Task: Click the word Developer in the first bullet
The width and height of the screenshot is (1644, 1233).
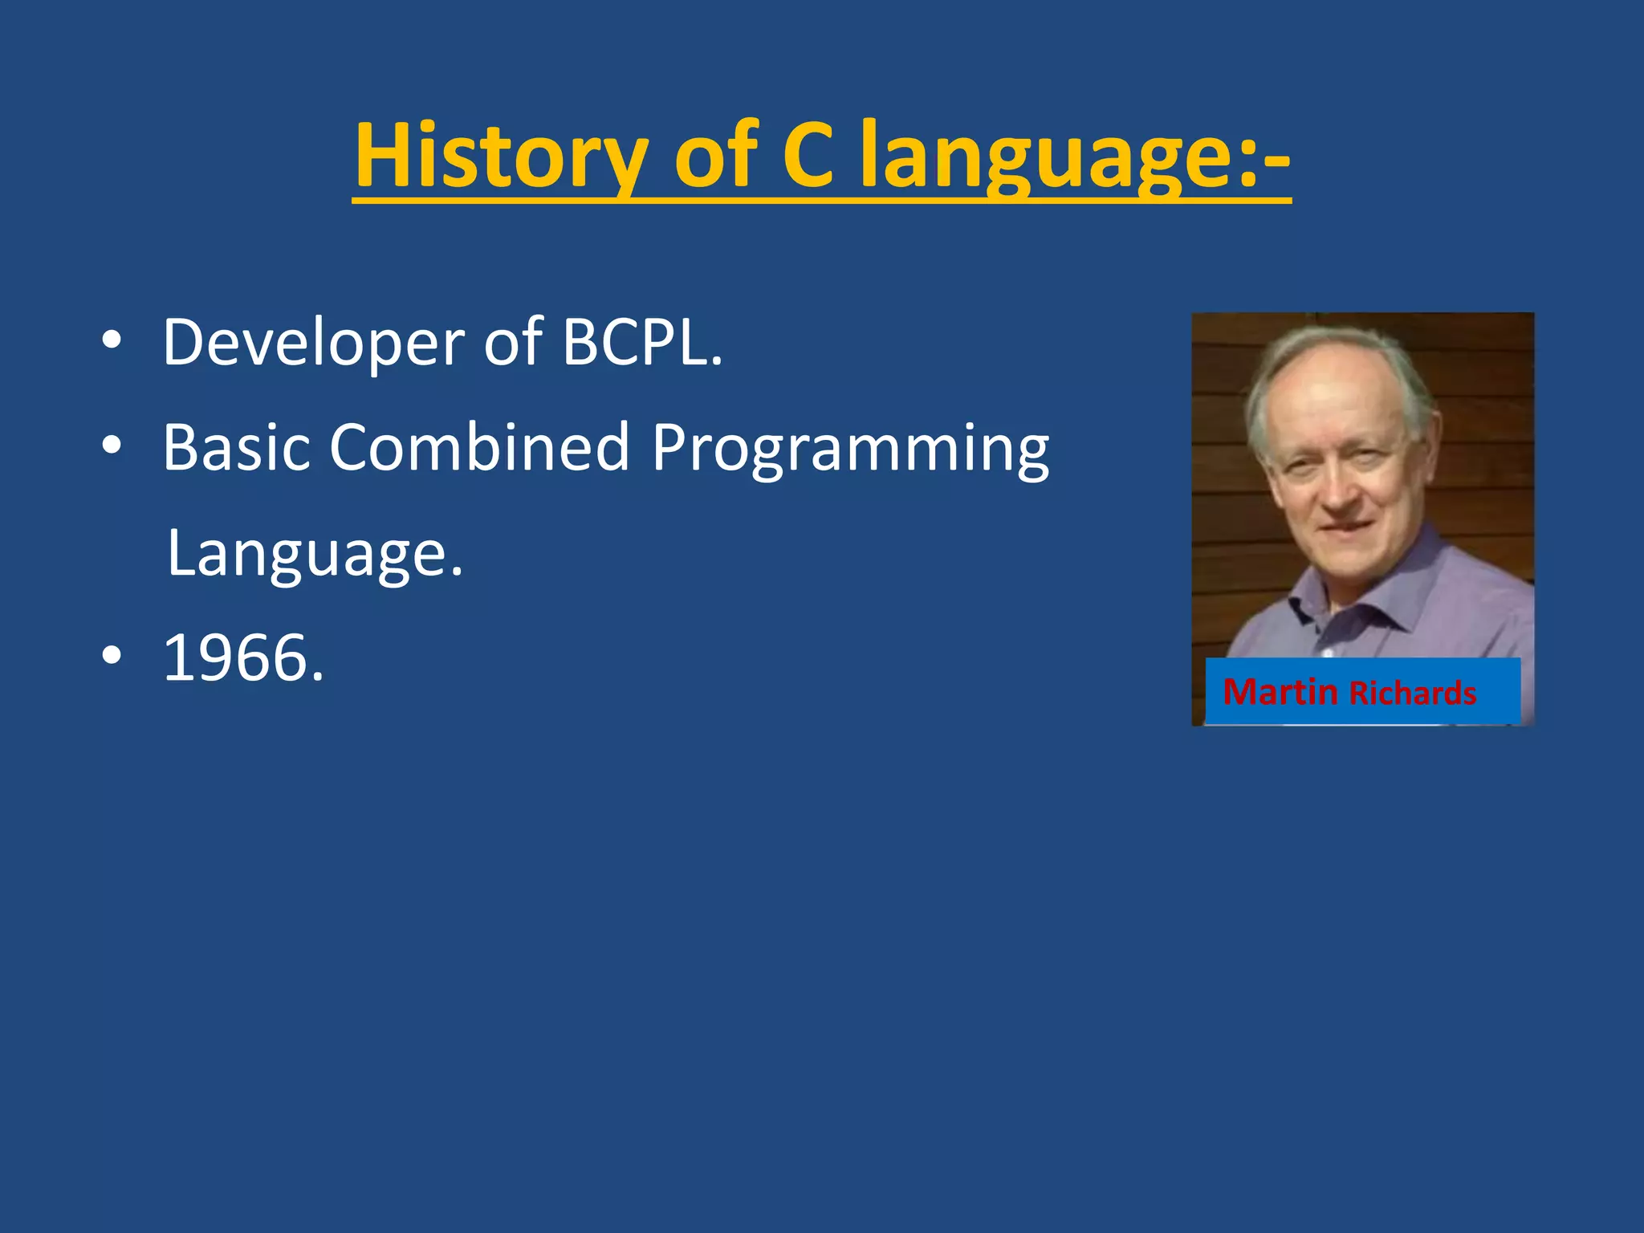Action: coord(313,343)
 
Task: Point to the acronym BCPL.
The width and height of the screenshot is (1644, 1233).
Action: coord(641,343)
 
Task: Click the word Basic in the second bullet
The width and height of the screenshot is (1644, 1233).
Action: coord(236,447)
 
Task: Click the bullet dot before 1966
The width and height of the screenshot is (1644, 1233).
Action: coord(112,656)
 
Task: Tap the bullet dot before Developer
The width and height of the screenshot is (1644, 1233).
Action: coord(112,341)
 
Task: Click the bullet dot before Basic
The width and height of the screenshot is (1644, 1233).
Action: coord(112,446)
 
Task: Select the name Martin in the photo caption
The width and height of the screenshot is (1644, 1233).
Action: coord(1280,692)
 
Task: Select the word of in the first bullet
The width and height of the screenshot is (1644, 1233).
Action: coord(513,343)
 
